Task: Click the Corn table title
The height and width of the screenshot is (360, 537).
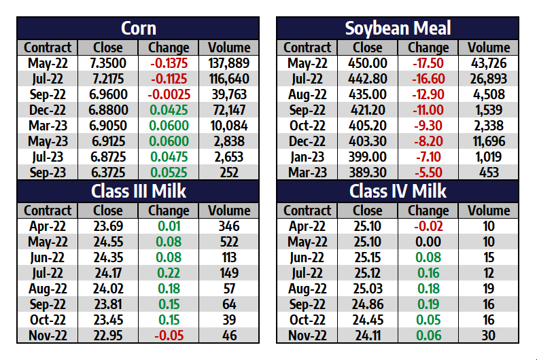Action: point(138,29)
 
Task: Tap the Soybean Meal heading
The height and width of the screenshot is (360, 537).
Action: point(398,29)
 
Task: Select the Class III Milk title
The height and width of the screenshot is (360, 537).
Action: point(138,191)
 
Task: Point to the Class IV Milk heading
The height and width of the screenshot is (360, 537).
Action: point(398,191)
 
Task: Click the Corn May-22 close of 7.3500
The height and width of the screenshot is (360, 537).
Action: point(107,63)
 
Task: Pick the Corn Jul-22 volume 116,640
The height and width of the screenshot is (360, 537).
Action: point(229,79)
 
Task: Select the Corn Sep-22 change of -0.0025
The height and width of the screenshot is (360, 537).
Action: point(169,94)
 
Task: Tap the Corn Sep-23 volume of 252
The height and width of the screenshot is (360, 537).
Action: point(229,173)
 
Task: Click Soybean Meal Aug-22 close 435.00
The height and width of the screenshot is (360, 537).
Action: point(367,94)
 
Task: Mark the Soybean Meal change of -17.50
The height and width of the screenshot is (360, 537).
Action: point(428,63)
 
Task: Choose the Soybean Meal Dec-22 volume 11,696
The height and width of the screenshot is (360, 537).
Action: point(489,141)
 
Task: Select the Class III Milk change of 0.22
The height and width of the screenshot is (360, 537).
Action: point(169,273)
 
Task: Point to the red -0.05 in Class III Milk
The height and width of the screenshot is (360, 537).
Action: point(169,336)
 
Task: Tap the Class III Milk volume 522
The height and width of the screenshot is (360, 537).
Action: point(229,242)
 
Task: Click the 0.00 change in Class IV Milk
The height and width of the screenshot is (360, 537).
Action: point(428,242)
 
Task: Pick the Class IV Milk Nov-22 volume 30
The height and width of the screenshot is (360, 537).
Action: point(489,336)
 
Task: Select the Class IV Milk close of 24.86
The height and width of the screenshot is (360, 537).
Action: point(367,304)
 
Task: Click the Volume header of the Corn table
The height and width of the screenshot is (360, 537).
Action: point(229,48)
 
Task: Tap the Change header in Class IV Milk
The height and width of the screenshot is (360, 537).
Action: point(428,211)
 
